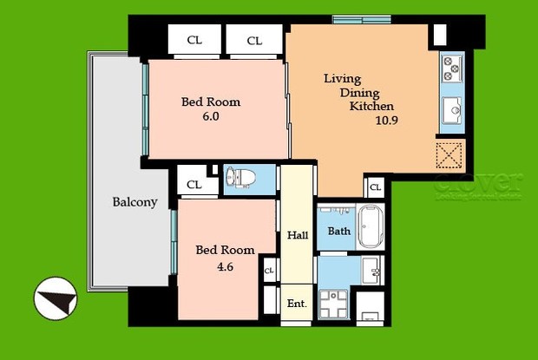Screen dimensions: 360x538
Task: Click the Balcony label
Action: (134, 202)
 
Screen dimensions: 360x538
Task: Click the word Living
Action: (342, 79)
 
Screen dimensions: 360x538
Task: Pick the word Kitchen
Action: (371, 107)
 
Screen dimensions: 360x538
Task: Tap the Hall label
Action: (299, 236)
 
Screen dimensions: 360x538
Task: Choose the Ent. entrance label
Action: (297, 304)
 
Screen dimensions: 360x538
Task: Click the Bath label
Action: (338, 231)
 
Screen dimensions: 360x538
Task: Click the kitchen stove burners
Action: (452, 68)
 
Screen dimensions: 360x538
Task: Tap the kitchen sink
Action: (453, 110)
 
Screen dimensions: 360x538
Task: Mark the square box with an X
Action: (449, 156)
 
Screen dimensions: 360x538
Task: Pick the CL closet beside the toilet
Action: (194, 184)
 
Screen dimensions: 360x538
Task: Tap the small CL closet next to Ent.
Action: (269, 271)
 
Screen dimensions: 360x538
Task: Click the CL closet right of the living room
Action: (375, 187)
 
